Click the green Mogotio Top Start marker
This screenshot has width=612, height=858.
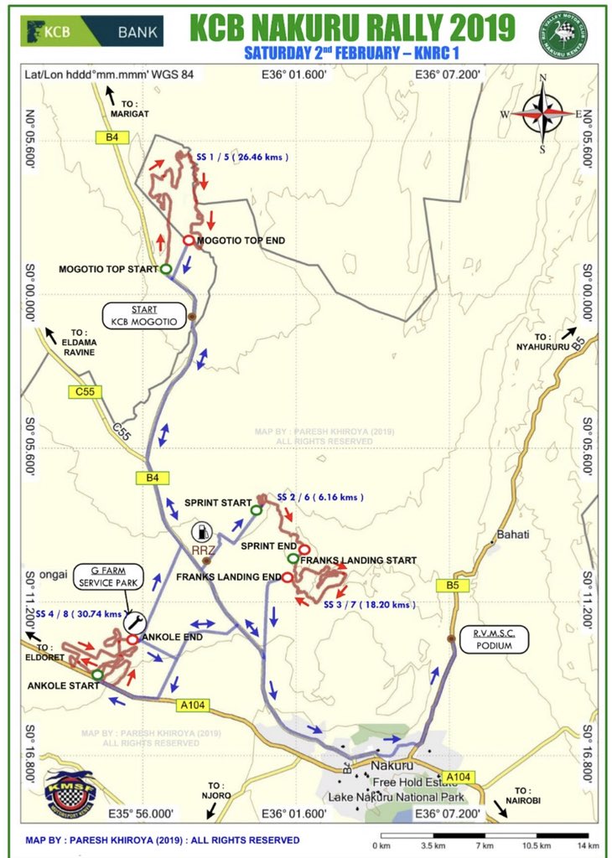(x=166, y=269)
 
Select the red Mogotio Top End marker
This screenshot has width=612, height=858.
(x=189, y=241)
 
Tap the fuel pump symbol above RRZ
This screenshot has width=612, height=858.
(x=201, y=531)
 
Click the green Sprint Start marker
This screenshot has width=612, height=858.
(x=256, y=509)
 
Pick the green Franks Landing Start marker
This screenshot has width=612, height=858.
(x=292, y=559)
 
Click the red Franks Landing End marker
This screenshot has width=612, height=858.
(x=287, y=577)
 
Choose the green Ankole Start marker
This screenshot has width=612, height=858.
(x=97, y=674)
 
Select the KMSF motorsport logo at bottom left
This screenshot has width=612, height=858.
(x=70, y=793)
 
